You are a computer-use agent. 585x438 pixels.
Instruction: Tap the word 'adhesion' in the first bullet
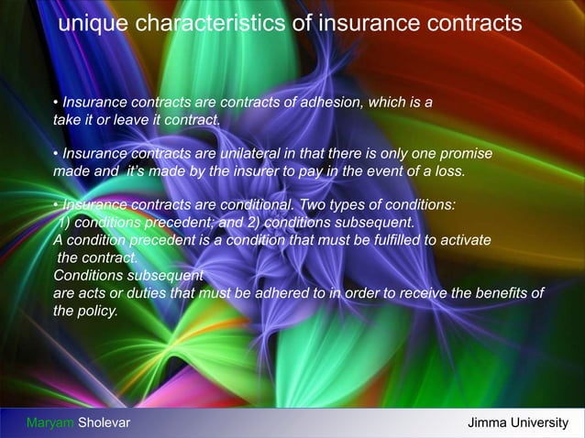[x=331, y=101]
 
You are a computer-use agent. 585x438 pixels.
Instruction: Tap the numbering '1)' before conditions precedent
[x=67, y=222]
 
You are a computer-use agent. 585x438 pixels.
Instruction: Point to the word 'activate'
[x=464, y=239]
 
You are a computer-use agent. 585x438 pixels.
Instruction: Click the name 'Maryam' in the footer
[x=50, y=422]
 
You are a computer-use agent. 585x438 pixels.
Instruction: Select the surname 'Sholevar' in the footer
[x=104, y=422]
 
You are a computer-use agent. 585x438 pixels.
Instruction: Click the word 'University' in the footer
[x=541, y=422]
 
